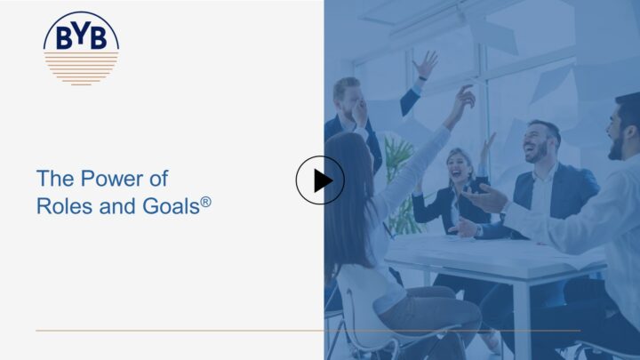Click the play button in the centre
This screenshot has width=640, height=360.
[x=320, y=180]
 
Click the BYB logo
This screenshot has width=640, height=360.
[x=81, y=48]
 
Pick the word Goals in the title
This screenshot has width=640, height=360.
[x=171, y=205]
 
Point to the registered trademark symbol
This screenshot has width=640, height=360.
[x=205, y=202]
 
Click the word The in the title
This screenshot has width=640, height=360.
[x=55, y=179]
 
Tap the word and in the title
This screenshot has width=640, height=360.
[x=118, y=205]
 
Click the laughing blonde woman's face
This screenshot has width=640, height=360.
[x=459, y=165]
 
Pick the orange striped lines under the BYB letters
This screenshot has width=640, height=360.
[x=81, y=68]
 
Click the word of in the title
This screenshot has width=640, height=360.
[x=158, y=179]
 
